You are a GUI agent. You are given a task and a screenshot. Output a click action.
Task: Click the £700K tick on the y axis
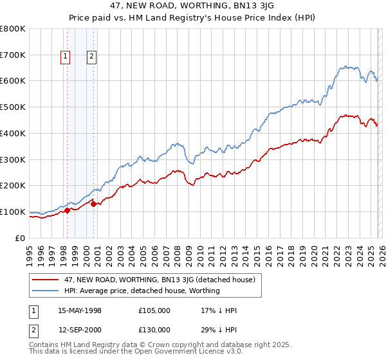[x=13, y=55]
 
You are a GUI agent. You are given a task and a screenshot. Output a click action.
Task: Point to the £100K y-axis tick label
[x=13, y=212]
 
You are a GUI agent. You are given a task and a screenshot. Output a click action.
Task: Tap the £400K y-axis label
[x=13, y=133]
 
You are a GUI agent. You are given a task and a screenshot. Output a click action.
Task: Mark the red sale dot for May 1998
[x=68, y=210]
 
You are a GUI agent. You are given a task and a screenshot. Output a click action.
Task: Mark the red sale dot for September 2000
[x=94, y=204]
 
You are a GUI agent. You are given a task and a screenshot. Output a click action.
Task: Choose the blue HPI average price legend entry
[x=142, y=291]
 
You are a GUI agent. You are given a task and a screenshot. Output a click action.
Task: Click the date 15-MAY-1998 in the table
[x=80, y=310]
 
